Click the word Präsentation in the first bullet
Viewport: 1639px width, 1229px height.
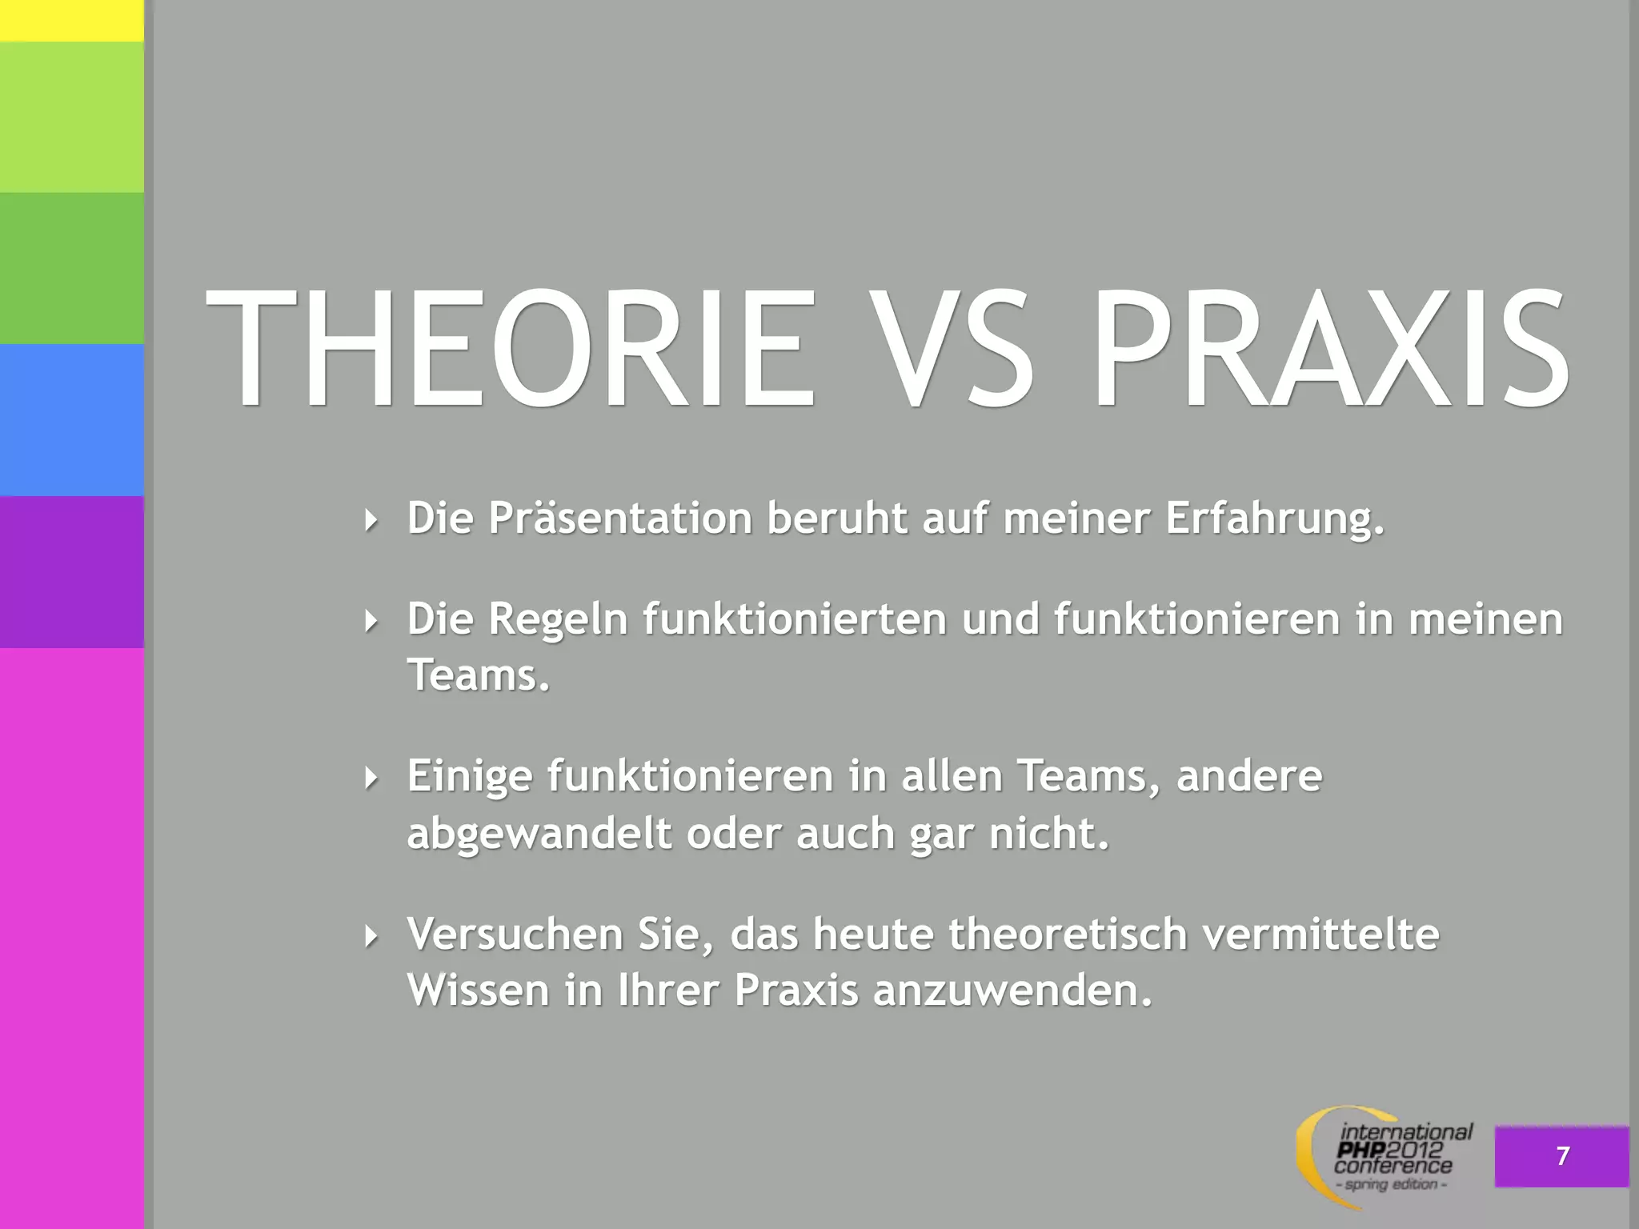point(620,518)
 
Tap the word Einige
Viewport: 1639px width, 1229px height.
point(469,776)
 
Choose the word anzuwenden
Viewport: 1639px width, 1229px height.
point(1012,991)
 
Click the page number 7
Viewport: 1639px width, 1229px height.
point(1562,1156)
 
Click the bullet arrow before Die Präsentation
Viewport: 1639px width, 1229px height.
point(370,520)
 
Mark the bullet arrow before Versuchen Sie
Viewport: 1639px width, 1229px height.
point(370,935)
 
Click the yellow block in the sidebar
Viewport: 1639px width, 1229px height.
point(72,20)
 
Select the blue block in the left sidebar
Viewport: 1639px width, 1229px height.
point(72,420)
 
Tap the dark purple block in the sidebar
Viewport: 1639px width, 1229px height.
point(72,571)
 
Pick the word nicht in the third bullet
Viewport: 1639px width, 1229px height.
point(1048,834)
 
